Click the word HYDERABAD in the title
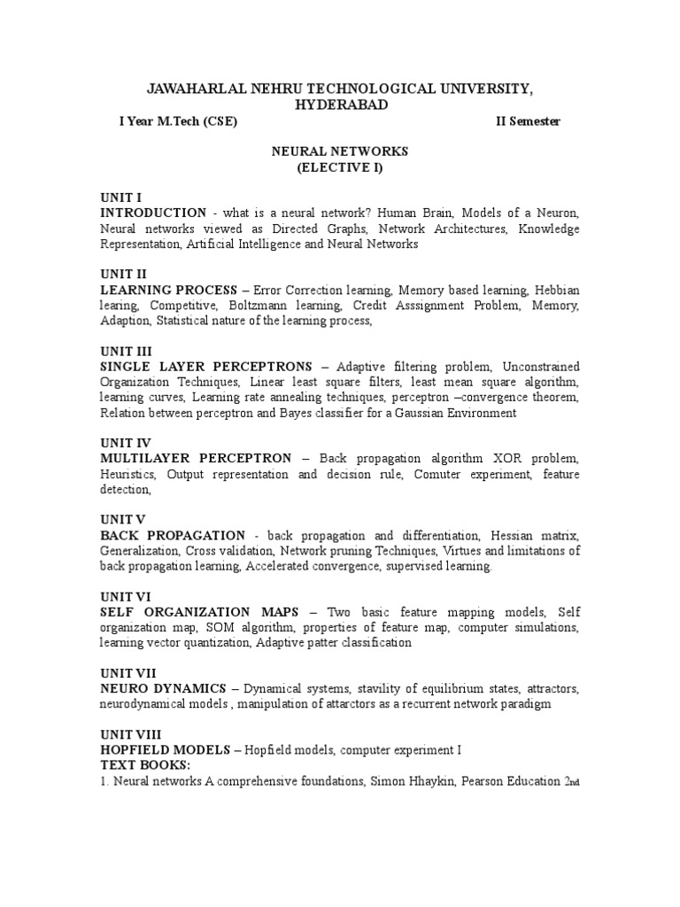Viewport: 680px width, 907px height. pyautogui.click(x=340, y=105)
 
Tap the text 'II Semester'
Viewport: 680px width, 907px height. pyautogui.click(x=528, y=122)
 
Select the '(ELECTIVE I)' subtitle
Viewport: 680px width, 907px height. pyautogui.click(x=339, y=167)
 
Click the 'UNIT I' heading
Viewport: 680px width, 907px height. pyautogui.click(x=120, y=198)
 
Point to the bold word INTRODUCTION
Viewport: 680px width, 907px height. pyautogui.click(x=153, y=213)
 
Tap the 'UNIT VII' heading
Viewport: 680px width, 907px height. pyautogui.click(x=127, y=673)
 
